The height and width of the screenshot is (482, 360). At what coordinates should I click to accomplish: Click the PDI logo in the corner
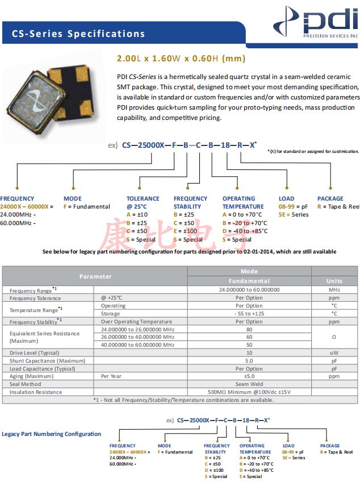(318, 23)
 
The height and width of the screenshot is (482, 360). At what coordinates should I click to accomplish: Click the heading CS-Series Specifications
(78, 34)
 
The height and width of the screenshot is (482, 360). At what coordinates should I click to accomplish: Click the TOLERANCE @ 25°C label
(143, 202)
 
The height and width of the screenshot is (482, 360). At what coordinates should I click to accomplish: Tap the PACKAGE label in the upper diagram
(330, 199)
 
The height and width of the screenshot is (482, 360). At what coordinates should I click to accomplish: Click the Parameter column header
(95, 276)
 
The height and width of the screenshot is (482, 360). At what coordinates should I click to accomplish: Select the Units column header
(334, 281)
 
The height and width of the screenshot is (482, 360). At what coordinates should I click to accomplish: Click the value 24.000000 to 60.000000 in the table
(249, 290)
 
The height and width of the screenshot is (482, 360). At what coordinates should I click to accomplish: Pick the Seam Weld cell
(249, 384)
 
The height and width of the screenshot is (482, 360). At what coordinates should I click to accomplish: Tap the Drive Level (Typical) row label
(34, 353)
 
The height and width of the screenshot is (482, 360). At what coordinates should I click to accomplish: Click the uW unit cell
(334, 353)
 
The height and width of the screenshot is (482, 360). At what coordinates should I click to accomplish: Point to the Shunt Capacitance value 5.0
(249, 361)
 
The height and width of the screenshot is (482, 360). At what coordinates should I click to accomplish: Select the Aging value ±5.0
(249, 376)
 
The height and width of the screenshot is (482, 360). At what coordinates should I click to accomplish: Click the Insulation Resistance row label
(36, 392)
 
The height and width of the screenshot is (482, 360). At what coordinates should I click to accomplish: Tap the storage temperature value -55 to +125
(249, 314)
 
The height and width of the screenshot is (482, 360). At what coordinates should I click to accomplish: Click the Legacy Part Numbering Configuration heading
(52, 434)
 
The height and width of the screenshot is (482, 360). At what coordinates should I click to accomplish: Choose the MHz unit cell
(334, 290)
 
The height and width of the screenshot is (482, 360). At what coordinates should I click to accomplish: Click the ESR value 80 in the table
(249, 329)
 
